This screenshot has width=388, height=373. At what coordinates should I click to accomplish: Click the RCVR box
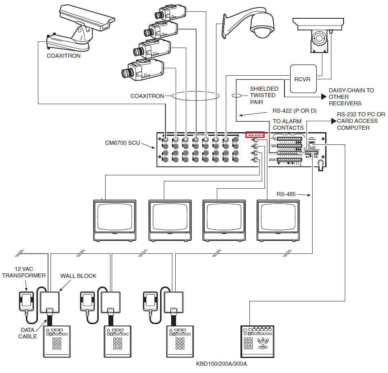[303, 79]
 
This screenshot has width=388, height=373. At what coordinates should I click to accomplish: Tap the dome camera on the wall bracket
[261, 26]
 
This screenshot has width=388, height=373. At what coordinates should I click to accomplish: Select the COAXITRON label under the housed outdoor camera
[63, 56]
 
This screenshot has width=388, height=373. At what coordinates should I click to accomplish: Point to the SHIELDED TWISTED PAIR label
[264, 95]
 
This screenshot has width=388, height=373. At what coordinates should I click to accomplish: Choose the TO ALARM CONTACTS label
[288, 124]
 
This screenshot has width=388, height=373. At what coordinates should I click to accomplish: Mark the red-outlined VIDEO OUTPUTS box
[255, 134]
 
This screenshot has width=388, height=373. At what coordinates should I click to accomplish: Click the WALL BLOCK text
[78, 276]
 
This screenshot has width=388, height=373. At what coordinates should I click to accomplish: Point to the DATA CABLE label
[27, 333]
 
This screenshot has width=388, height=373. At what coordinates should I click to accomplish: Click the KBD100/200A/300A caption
[221, 364]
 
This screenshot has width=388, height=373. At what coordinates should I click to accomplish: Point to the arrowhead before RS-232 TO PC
[333, 121]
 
